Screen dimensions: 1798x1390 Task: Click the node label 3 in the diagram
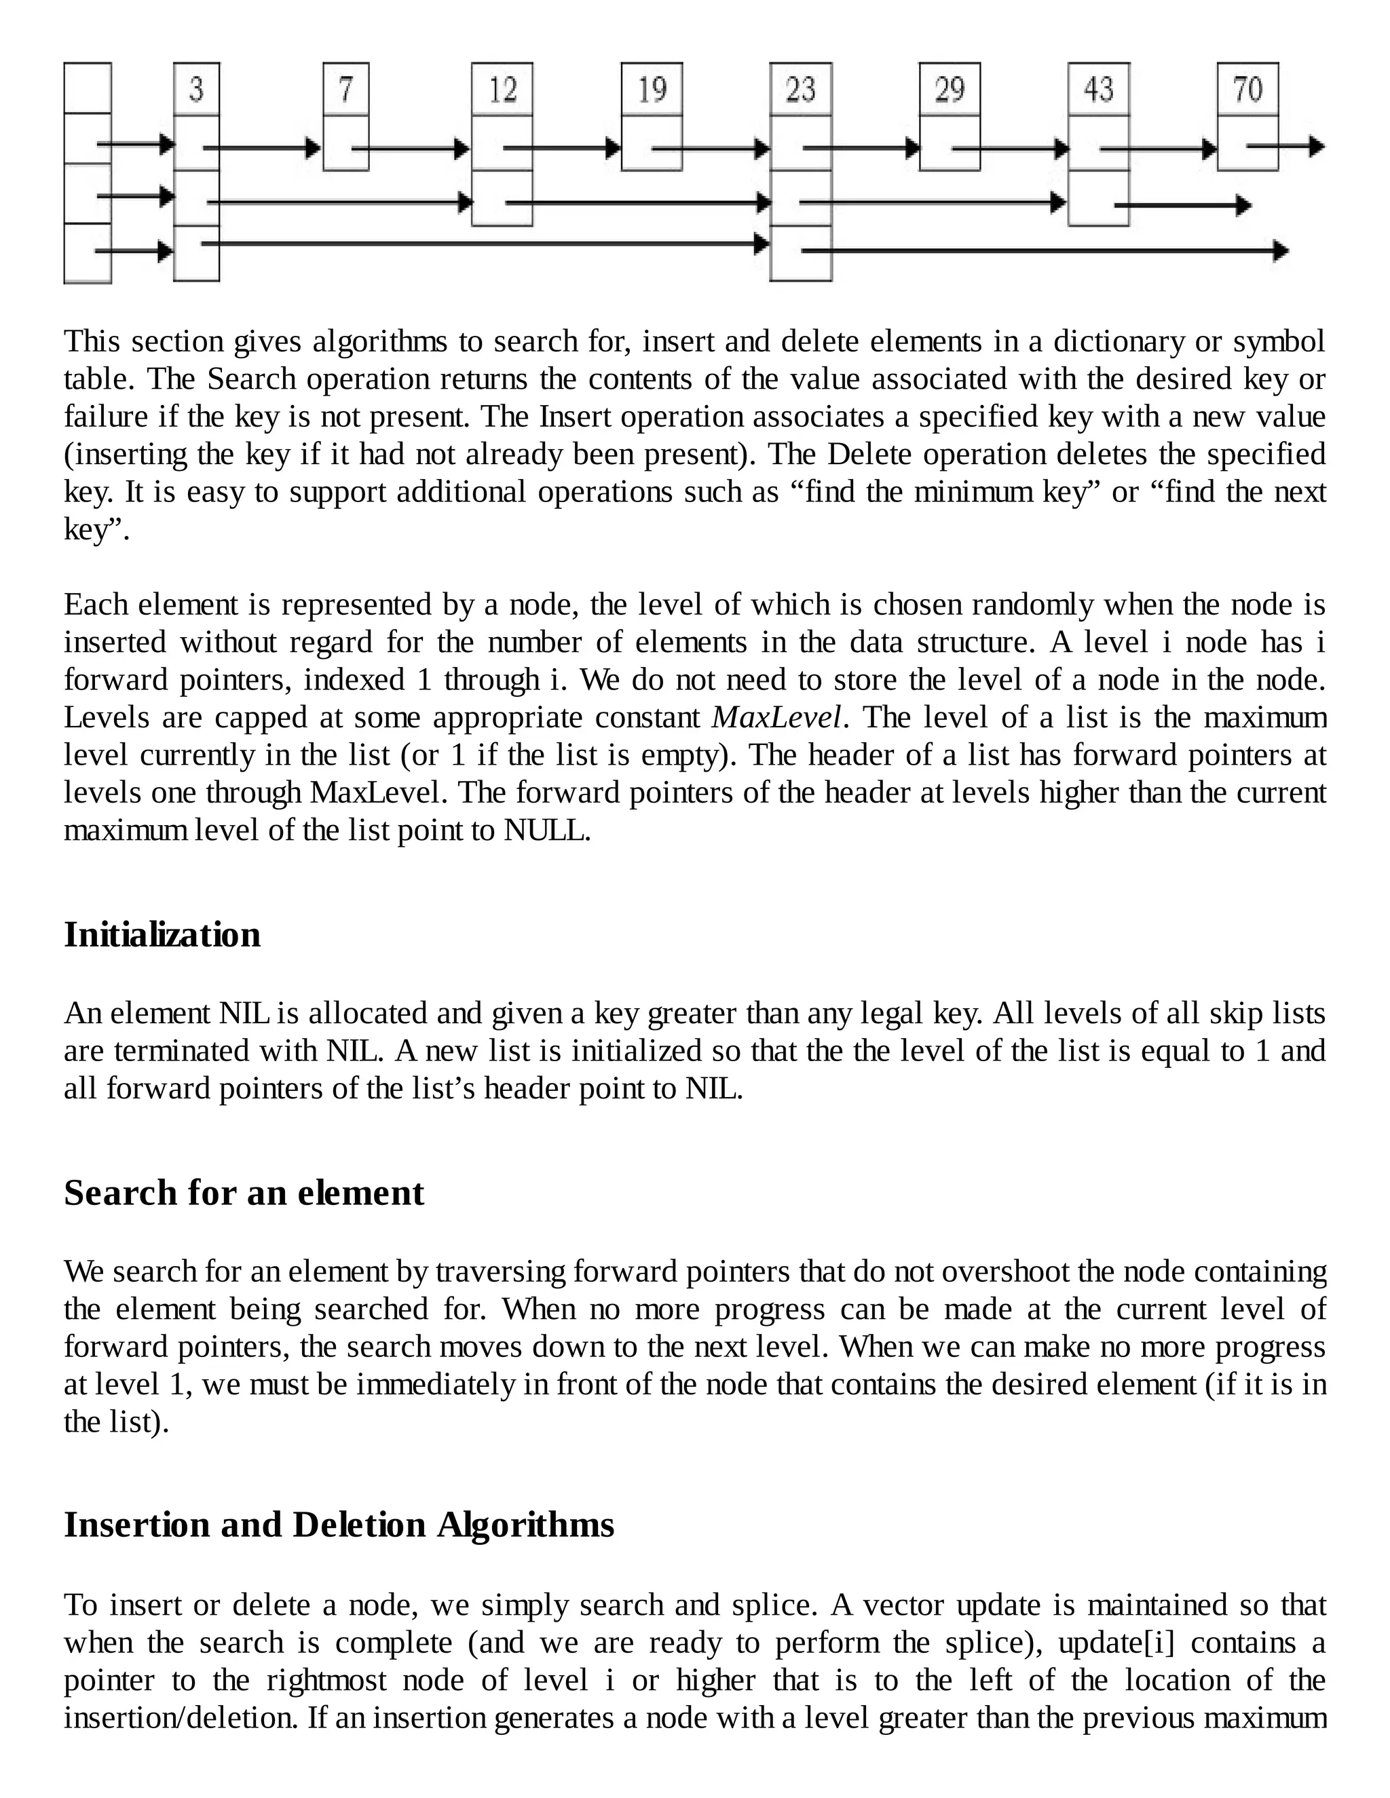(x=196, y=89)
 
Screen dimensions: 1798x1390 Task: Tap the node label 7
(x=346, y=89)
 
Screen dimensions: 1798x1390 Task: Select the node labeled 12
(x=502, y=89)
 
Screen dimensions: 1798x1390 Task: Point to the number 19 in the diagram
(x=652, y=89)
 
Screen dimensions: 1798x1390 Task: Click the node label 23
(x=800, y=89)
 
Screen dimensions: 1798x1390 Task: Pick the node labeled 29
(x=950, y=89)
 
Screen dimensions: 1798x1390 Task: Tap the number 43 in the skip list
(x=1099, y=89)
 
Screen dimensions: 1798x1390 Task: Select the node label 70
(x=1247, y=89)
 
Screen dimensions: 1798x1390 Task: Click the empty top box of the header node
(x=88, y=88)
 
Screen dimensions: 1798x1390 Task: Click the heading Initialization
(x=162, y=935)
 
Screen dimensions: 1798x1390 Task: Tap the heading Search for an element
(x=244, y=1193)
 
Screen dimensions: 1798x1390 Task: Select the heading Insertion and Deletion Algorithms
(x=339, y=1525)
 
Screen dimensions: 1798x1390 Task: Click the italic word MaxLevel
(x=777, y=718)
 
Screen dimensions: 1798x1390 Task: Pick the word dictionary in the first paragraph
(x=1119, y=342)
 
